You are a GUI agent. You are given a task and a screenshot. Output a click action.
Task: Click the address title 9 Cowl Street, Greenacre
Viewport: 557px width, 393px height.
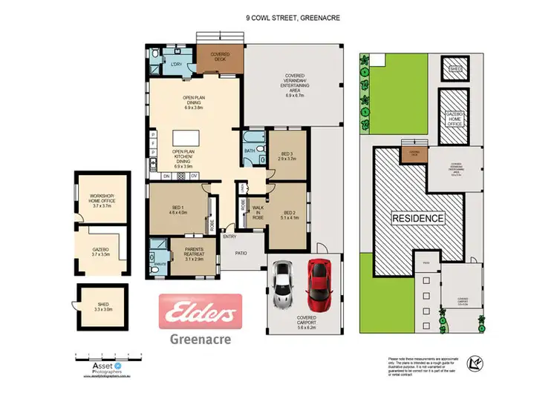coord(293,19)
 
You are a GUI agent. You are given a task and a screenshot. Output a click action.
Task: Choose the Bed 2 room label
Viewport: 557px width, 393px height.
coord(288,215)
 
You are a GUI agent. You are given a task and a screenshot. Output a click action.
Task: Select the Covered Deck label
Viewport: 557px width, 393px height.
coord(220,56)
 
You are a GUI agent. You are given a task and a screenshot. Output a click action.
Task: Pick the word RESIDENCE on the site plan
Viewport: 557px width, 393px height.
coord(418,219)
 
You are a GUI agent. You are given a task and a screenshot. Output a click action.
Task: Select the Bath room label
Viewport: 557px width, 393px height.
coord(250,151)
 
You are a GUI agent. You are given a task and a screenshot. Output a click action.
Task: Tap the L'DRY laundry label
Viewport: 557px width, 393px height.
coord(176,65)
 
